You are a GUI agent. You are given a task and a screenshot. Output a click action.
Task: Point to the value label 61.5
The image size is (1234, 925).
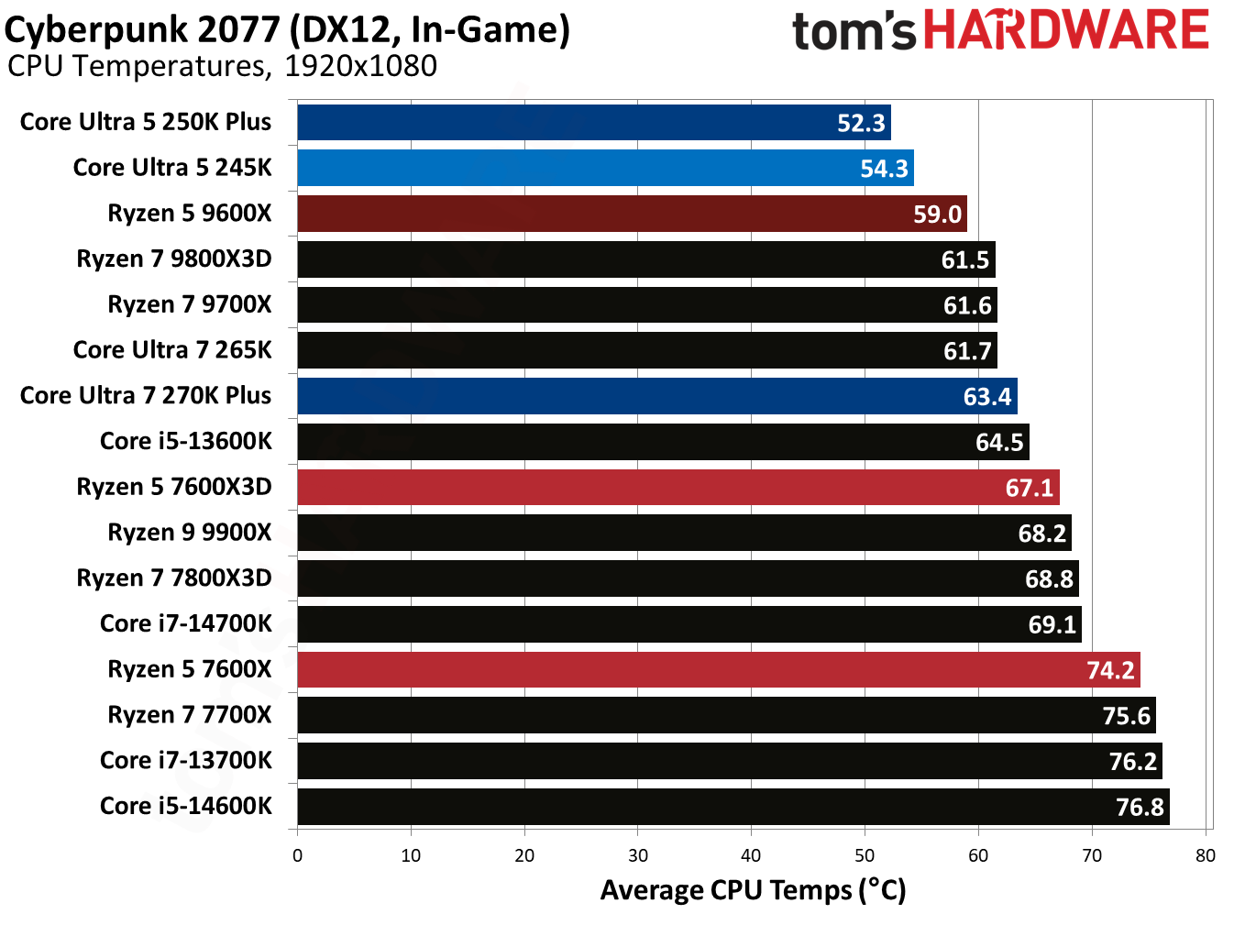[965, 260]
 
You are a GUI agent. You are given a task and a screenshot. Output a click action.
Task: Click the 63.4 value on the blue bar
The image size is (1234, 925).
[986, 397]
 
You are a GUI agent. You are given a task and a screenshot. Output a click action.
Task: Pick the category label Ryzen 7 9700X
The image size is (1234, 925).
[189, 304]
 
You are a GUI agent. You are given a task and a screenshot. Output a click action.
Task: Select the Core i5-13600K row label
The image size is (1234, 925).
[185, 441]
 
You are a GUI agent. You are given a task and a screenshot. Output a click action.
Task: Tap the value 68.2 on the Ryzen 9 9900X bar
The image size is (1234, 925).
[1041, 534]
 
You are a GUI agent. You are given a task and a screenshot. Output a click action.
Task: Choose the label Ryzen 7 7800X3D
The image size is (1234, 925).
[173, 578]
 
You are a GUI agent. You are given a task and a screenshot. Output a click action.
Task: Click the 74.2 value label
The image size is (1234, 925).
[1110, 670]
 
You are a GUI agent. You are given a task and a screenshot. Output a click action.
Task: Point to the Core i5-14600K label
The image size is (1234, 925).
[185, 806]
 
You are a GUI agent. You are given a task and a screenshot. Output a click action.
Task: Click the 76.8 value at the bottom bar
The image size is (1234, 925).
[1140, 808]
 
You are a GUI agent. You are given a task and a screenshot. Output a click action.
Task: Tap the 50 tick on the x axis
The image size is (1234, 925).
[865, 855]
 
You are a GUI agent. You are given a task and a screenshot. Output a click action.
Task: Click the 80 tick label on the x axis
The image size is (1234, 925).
[1205, 855]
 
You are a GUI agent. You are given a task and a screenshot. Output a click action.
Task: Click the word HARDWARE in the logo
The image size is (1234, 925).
[1066, 30]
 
